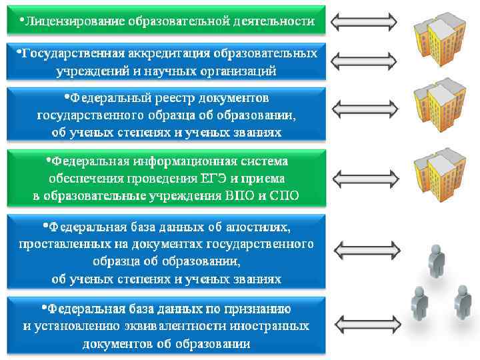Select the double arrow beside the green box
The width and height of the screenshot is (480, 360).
[364, 178]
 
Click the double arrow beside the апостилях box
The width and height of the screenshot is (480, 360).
[364, 250]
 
